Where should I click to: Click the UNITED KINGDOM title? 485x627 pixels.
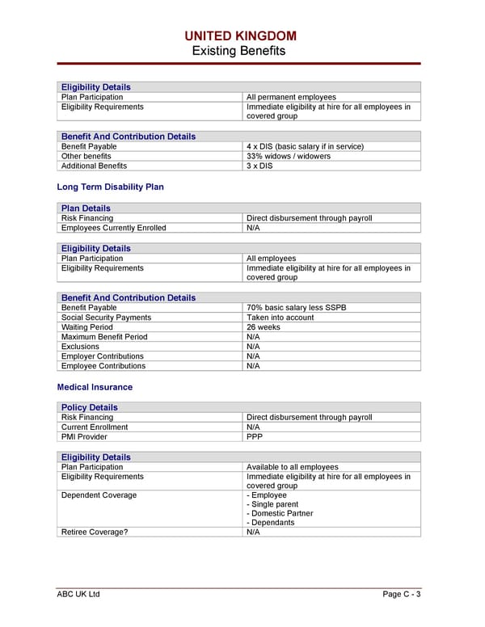click(x=240, y=36)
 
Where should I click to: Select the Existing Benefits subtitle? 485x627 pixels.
click(x=238, y=51)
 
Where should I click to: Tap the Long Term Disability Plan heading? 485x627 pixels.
click(x=110, y=187)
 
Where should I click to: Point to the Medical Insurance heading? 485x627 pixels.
click(x=95, y=387)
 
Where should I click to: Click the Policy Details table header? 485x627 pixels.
click(x=90, y=407)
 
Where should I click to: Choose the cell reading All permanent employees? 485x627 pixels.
click(x=290, y=97)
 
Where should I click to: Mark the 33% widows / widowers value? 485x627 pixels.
click(x=288, y=156)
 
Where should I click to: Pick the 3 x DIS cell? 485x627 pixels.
click(x=259, y=166)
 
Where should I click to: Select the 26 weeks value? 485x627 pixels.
click(x=264, y=327)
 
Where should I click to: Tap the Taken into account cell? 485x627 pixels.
click(x=280, y=318)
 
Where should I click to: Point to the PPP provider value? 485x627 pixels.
click(x=255, y=436)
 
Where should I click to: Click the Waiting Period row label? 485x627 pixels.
click(x=87, y=327)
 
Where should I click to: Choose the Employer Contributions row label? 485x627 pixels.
click(x=103, y=356)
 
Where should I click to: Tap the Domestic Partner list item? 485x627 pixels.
click(x=276, y=512)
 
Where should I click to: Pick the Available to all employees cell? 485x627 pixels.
click(x=292, y=467)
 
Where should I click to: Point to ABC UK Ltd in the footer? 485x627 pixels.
click(x=78, y=595)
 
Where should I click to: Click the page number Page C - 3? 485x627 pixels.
click(x=401, y=595)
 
